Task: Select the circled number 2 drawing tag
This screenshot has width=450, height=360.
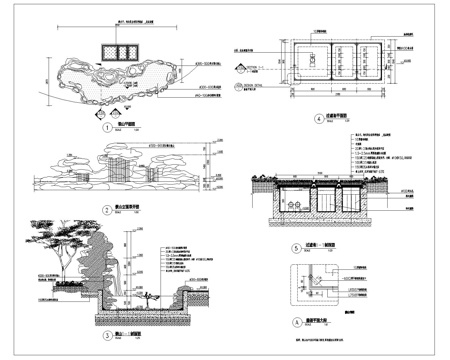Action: [x=107, y=210]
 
